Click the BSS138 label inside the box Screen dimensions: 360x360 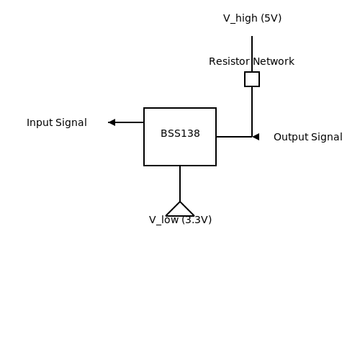[x=180, y=133]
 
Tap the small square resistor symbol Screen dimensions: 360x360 [x=252, y=79]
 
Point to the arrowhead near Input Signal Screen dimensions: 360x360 [x=112, y=122]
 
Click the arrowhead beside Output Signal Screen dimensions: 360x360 [x=256, y=137]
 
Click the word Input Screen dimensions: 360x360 [x=40, y=123]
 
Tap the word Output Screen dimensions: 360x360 [x=291, y=138]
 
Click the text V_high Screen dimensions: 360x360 [x=240, y=19]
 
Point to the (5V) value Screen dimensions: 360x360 [x=271, y=18]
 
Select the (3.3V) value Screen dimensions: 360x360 [x=197, y=220]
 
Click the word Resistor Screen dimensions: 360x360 [x=229, y=61]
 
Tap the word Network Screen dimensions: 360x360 [x=274, y=61]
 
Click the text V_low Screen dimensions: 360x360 [x=163, y=220]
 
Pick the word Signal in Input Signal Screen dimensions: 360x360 [x=71, y=123]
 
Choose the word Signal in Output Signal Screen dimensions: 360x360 [x=327, y=138]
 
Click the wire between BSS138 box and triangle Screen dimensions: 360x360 [x=180, y=184]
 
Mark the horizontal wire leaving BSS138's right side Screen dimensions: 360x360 [x=234, y=137]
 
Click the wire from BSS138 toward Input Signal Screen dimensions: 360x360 [x=126, y=122]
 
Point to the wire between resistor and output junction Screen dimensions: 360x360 [x=252, y=112]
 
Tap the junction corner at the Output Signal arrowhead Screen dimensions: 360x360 [x=252, y=137]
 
